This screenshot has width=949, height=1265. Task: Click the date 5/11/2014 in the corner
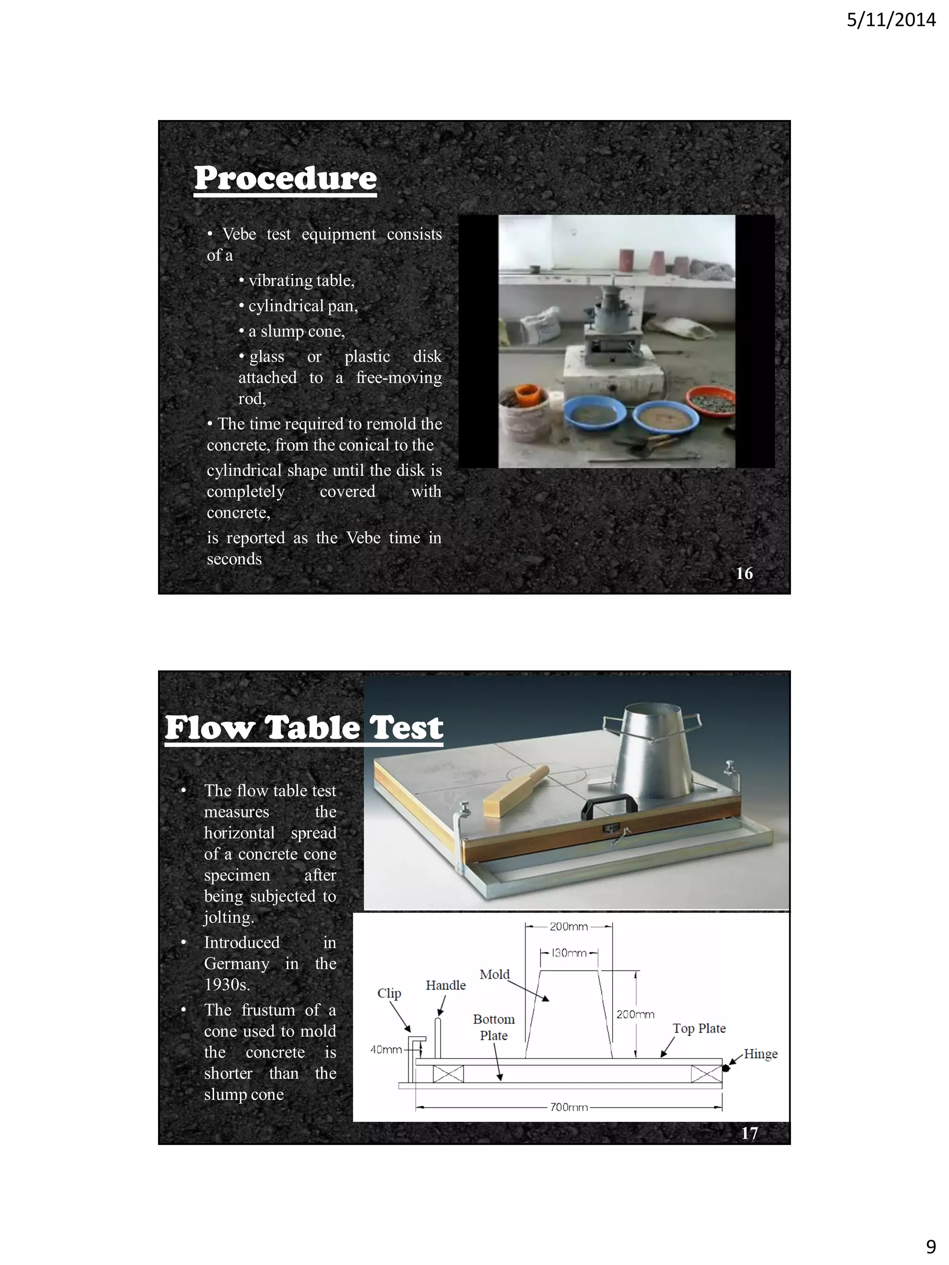pyautogui.click(x=891, y=20)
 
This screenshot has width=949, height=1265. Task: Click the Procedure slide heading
pyautogui.click(x=285, y=178)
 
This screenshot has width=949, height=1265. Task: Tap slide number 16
pyautogui.click(x=744, y=573)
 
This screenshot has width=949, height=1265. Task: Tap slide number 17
pyautogui.click(x=749, y=1133)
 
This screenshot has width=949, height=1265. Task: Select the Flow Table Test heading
pyautogui.click(x=304, y=728)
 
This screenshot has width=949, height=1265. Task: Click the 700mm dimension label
pyautogui.click(x=569, y=1107)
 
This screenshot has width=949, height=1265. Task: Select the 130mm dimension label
pyautogui.click(x=569, y=953)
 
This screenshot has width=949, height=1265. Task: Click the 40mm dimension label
pyautogui.click(x=386, y=1050)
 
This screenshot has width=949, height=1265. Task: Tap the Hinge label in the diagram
pyautogui.click(x=760, y=1053)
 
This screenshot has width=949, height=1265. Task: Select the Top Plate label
pyautogui.click(x=698, y=1028)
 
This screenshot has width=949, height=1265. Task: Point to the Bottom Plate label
pyautogui.click(x=493, y=1027)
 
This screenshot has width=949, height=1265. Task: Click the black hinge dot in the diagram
pyautogui.click(x=726, y=1068)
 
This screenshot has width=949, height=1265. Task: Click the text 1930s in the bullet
pyautogui.click(x=227, y=985)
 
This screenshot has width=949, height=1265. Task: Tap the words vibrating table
pyautogui.click(x=301, y=281)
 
